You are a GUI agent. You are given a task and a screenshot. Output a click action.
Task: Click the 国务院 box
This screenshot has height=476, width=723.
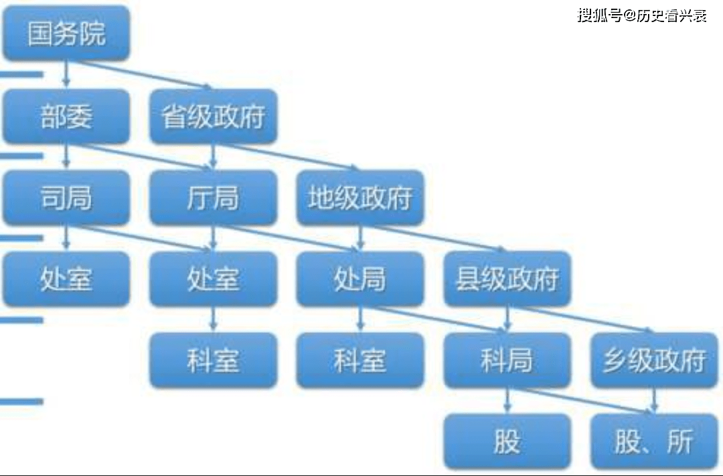click(x=66, y=33)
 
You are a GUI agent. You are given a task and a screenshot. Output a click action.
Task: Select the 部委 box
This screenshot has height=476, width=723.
click(x=66, y=116)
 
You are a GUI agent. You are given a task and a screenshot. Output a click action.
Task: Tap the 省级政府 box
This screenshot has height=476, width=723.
click(x=214, y=116)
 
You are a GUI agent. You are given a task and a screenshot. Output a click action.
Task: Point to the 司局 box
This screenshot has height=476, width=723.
click(x=66, y=197)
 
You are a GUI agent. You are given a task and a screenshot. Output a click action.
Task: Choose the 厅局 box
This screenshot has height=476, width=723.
click(x=214, y=197)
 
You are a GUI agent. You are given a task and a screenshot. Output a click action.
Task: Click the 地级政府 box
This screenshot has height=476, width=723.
click(x=360, y=197)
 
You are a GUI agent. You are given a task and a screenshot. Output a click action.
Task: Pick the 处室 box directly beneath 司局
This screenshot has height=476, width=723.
click(x=66, y=279)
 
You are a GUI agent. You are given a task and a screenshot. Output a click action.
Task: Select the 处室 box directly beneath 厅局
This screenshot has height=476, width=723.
click(x=214, y=279)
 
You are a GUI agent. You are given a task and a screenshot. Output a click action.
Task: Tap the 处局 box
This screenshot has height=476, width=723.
click(x=360, y=279)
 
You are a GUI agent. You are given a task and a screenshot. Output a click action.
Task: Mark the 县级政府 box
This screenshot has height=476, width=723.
click(x=507, y=279)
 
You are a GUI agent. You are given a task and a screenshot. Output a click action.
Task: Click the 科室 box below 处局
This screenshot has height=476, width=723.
click(x=360, y=360)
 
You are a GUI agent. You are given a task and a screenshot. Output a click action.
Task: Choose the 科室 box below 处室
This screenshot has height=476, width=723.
click(x=214, y=360)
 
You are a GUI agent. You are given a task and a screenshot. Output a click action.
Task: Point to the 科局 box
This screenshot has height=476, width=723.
click(x=507, y=360)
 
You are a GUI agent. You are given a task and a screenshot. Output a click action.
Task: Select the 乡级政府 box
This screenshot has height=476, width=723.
click(x=654, y=360)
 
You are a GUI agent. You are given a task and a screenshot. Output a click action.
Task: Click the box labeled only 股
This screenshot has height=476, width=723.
click(x=507, y=441)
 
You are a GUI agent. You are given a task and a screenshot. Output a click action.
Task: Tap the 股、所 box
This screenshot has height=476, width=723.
click(x=654, y=441)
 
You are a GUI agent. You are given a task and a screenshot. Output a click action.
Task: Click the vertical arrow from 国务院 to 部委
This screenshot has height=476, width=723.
click(x=66, y=74)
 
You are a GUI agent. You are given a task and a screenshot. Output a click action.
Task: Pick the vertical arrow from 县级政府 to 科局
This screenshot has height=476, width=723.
click(x=507, y=319)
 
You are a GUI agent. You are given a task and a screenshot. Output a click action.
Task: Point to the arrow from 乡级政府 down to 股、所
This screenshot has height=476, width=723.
click(x=654, y=400)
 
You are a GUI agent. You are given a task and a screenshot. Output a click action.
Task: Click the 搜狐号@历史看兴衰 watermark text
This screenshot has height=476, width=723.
click(x=642, y=15)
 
